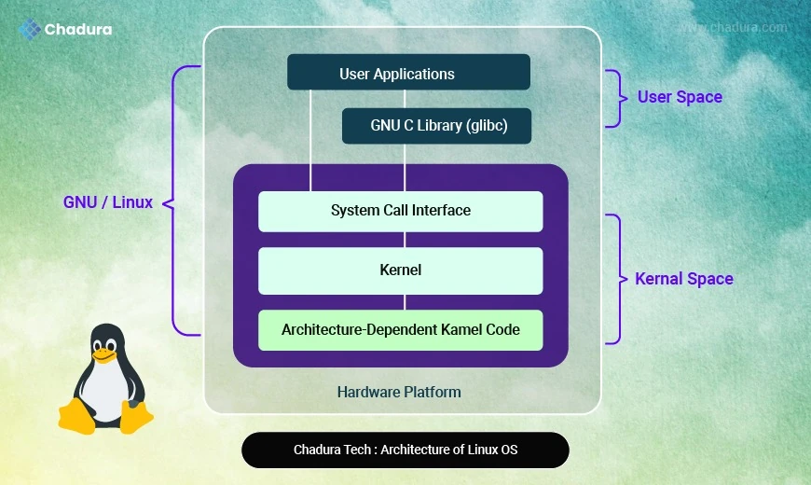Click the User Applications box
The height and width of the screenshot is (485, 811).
point(408,72)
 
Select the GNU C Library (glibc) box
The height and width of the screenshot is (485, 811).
point(436,126)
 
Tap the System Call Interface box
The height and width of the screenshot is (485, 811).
point(400,211)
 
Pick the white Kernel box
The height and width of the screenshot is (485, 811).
point(400,270)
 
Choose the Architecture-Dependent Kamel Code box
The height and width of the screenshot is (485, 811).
point(400,330)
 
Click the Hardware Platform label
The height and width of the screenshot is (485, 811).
point(399,392)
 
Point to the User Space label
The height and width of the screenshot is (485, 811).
point(680,97)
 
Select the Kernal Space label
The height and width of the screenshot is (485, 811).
point(684,279)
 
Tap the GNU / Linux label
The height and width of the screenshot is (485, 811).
point(107,201)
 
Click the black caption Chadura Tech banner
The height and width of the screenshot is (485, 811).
point(405,450)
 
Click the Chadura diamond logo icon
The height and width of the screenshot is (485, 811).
point(30,29)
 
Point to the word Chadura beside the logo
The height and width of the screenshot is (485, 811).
point(78,30)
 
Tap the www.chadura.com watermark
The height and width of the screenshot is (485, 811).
point(734,27)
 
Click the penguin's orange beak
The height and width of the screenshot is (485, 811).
point(103,355)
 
